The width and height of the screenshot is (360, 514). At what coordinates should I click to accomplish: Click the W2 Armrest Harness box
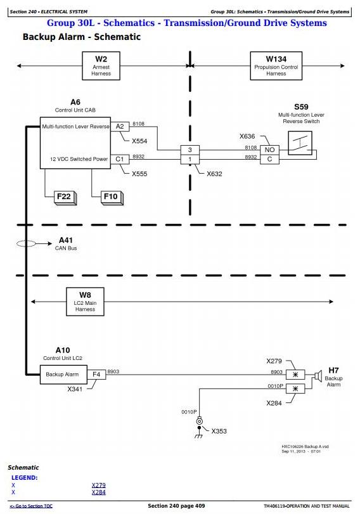[x=101, y=66]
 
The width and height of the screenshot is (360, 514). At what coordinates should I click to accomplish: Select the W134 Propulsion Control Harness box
[x=276, y=66]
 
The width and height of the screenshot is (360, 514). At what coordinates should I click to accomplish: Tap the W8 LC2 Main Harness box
[x=85, y=302]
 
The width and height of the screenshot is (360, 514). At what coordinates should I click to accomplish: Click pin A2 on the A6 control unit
[x=120, y=127]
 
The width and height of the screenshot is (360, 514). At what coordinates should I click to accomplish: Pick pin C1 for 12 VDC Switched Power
[x=120, y=159]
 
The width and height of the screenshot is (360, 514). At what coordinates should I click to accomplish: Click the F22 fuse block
[x=65, y=198]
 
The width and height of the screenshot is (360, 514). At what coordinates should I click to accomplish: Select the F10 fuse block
[x=112, y=198]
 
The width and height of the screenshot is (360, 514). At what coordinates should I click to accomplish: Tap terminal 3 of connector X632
[x=190, y=150]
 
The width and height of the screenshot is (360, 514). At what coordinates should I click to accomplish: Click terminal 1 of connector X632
[x=190, y=160]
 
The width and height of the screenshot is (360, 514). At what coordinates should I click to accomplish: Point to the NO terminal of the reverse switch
[x=269, y=150]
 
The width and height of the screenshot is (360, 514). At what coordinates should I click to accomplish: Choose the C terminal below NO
[x=269, y=159]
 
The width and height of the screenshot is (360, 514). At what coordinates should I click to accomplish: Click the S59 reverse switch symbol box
[x=300, y=143]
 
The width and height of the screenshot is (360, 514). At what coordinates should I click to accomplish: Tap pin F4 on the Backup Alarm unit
[x=96, y=375]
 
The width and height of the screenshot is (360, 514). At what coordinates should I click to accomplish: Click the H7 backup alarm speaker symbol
[x=317, y=376]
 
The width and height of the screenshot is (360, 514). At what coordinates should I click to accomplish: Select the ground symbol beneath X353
[x=198, y=435]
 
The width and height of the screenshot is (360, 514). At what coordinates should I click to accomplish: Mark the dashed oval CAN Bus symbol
[x=26, y=243]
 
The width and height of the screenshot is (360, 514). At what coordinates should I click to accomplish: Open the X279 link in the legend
[x=99, y=485]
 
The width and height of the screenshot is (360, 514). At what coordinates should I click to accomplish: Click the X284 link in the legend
[x=99, y=492]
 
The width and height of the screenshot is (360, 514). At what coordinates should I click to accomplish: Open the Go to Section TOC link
[x=31, y=506]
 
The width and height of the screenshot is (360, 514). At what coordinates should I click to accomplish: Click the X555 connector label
[x=139, y=174]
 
